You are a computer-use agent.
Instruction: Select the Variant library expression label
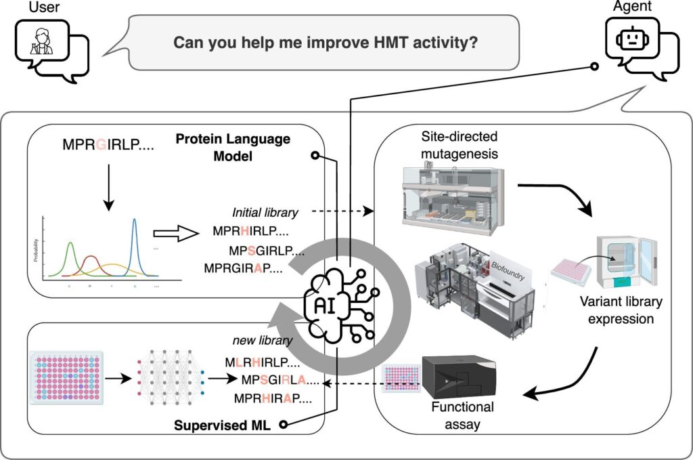click(619, 310)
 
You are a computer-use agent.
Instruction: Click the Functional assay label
click(463, 415)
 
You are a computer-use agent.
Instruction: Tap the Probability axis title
click(35, 250)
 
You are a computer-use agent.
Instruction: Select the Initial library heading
click(265, 213)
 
